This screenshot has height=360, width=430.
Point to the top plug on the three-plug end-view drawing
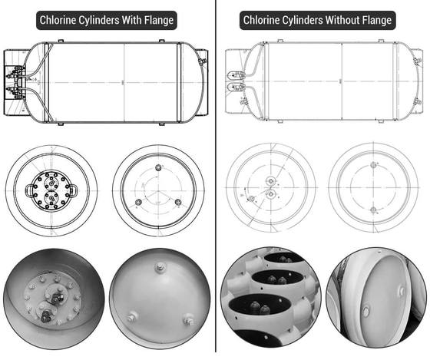[x=158, y=167]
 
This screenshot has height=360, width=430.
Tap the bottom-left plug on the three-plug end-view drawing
[x=138, y=203]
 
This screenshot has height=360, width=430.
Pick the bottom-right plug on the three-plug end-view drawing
[x=178, y=203]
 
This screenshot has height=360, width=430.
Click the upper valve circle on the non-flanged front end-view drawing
[x=271, y=180]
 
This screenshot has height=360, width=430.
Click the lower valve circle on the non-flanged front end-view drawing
[x=271, y=194]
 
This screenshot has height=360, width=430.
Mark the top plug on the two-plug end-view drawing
[x=373, y=165]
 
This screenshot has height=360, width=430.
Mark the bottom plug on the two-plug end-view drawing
[x=373, y=210]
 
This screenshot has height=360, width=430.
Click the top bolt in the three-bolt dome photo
[x=159, y=267]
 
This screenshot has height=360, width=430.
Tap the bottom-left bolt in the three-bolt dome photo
[x=131, y=317]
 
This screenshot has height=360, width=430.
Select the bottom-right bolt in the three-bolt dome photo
[x=189, y=319]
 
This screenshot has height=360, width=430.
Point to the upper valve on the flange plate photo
[x=56, y=299]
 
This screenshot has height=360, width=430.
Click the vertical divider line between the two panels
[x=216, y=176]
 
